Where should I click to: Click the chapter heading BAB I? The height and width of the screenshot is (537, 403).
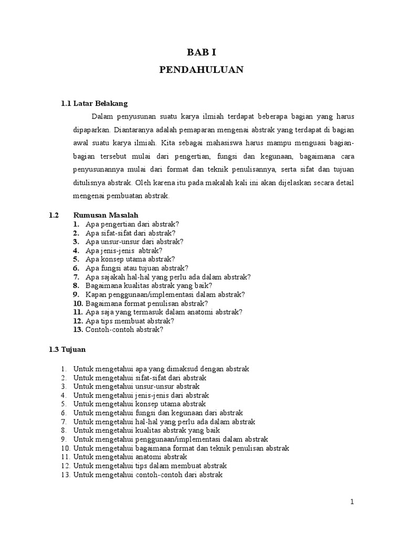point(201,52)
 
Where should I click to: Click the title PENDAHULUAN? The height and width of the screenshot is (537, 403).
point(201,70)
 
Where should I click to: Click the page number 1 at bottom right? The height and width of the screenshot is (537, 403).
point(353,502)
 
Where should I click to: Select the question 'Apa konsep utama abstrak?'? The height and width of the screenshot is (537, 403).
point(130,259)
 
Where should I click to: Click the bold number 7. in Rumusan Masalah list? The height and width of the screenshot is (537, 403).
point(76,277)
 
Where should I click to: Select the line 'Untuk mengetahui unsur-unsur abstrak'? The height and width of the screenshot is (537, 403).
point(129,386)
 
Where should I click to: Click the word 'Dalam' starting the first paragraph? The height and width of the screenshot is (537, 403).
point(102,116)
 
